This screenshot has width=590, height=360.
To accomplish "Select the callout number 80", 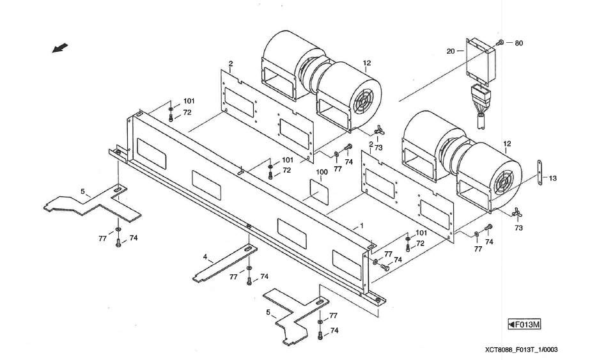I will pyautogui.click(x=518, y=43).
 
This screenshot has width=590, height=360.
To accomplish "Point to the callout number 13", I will pyautogui.click(x=552, y=178).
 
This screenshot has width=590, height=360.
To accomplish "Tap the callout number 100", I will pyautogui.click(x=322, y=173).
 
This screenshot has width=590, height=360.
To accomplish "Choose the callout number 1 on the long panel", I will pyautogui.click(x=361, y=226).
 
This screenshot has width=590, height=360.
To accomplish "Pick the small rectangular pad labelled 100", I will pyautogui.click(x=320, y=191).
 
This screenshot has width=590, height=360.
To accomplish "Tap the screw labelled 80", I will pyautogui.click(x=502, y=42).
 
